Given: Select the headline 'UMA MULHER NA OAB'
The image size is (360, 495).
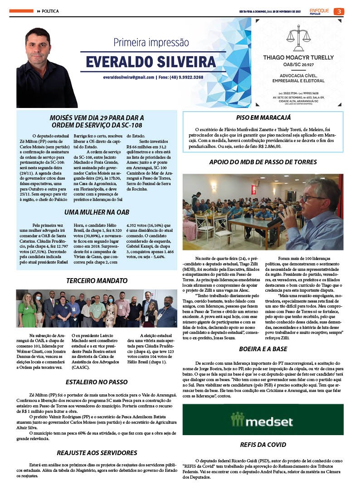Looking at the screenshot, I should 96,212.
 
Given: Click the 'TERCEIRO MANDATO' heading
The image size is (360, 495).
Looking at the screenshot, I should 96,281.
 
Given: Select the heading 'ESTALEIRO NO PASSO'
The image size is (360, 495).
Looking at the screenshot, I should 97,382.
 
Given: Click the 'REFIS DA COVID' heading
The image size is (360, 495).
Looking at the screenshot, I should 263,445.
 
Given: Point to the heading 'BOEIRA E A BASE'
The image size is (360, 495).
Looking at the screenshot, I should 263,349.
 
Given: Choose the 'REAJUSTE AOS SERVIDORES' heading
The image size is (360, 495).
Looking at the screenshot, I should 97,452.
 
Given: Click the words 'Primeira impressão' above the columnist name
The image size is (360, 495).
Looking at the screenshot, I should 151,43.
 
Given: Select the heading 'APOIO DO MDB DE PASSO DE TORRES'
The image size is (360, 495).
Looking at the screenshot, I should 263,162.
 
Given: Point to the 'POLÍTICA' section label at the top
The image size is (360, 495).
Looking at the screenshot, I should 50,11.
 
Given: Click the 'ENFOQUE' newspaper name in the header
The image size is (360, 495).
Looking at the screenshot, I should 320,10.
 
